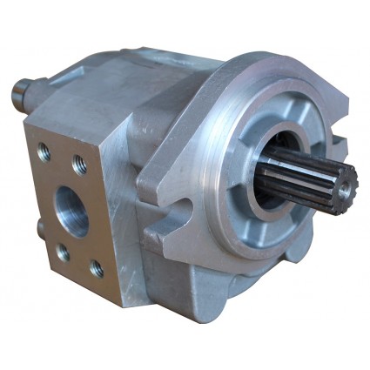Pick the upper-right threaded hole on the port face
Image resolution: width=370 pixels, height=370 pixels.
(79, 162)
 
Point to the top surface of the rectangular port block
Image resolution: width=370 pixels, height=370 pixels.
(78, 118)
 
